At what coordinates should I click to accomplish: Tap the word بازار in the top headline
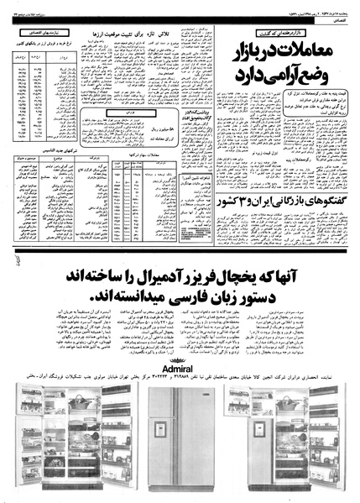click(243, 53)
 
